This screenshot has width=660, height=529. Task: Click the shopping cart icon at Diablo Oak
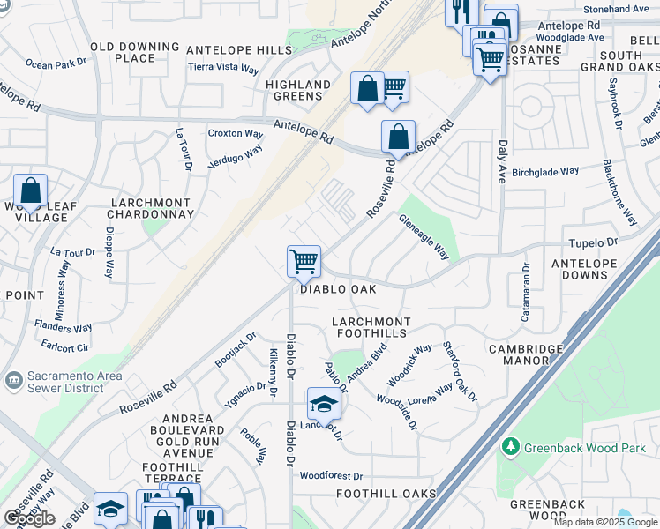pyautogui.click(x=304, y=261)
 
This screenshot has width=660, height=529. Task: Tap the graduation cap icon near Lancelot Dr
pyautogui.click(x=324, y=404)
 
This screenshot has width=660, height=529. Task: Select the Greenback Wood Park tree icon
pyautogui.click(x=510, y=447)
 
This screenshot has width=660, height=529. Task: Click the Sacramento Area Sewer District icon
pyautogui.click(x=13, y=380)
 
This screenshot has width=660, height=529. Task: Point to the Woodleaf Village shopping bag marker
pyautogui.click(x=30, y=190)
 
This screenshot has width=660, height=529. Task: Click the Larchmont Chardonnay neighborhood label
pyautogui.click(x=150, y=208)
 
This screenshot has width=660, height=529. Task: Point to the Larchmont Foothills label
pyautogui.click(x=371, y=327)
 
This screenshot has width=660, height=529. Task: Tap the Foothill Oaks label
pyautogui.click(x=386, y=493)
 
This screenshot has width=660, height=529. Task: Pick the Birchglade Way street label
pyautogui.click(x=545, y=171)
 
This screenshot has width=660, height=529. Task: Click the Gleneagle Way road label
pyautogui.click(x=424, y=238)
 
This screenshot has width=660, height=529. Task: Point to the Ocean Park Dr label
pyautogui.click(x=57, y=63)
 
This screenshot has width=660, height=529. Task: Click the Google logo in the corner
pyautogui.click(x=29, y=518)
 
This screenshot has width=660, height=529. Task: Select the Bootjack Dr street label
pyautogui.click(x=235, y=349)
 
